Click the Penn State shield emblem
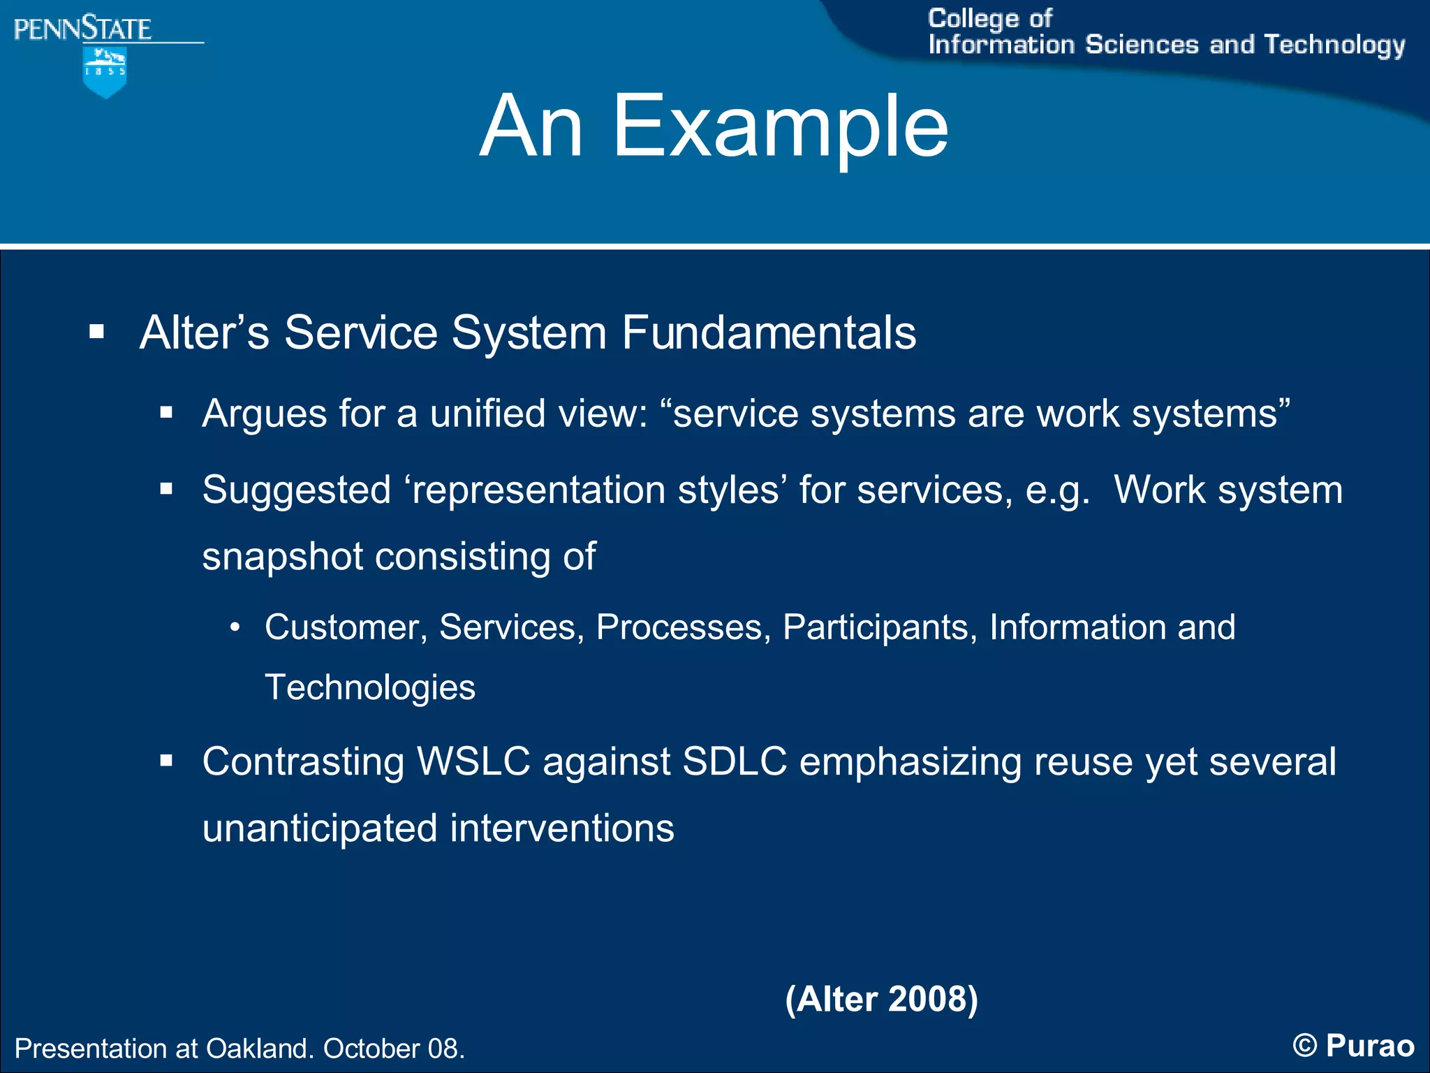point(105,71)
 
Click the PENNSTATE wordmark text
point(82,29)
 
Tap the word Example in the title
point(780,127)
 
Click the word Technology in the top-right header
point(1334,45)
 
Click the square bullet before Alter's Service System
point(96,332)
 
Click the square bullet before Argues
point(165,413)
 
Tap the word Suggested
point(296,490)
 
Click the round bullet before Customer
point(235,627)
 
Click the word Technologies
point(370,687)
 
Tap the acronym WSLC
point(473,761)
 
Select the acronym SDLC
point(735,761)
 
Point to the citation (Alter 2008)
point(881,999)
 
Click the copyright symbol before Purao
point(1304,1046)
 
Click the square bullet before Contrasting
point(165,761)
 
